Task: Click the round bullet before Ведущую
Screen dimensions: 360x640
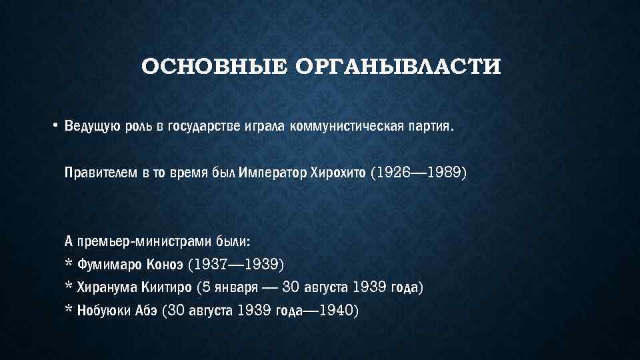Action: [x=57, y=127]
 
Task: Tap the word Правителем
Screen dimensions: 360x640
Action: [x=101, y=173]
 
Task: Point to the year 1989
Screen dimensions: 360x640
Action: [x=445, y=173]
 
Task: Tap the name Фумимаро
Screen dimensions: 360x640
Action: [x=107, y=265]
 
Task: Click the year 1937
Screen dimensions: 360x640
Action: [x=209, y=265]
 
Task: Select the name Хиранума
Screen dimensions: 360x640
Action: [x=107, y=287]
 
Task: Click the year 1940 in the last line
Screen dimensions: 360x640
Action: [x=336, y=310]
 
